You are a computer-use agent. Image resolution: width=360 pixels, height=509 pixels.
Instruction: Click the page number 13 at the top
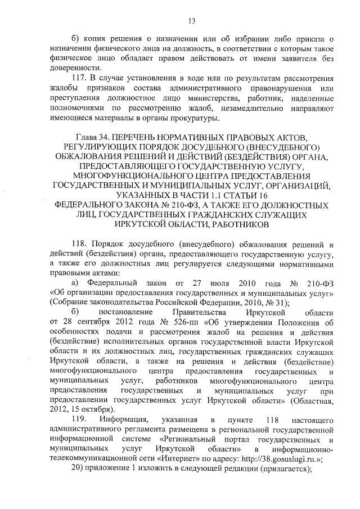pos(191,21)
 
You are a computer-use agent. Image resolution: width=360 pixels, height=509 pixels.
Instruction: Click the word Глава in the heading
pos(86,137)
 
